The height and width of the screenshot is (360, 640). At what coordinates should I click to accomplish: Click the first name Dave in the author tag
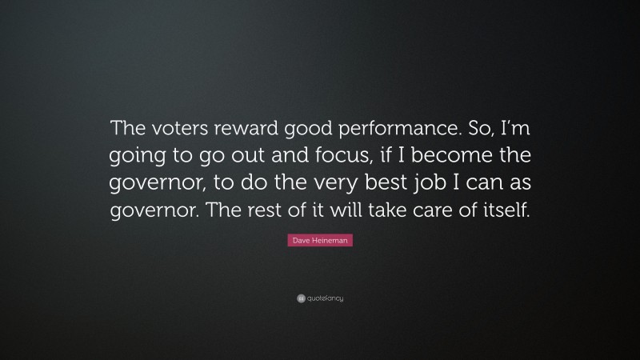click(300, 239)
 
